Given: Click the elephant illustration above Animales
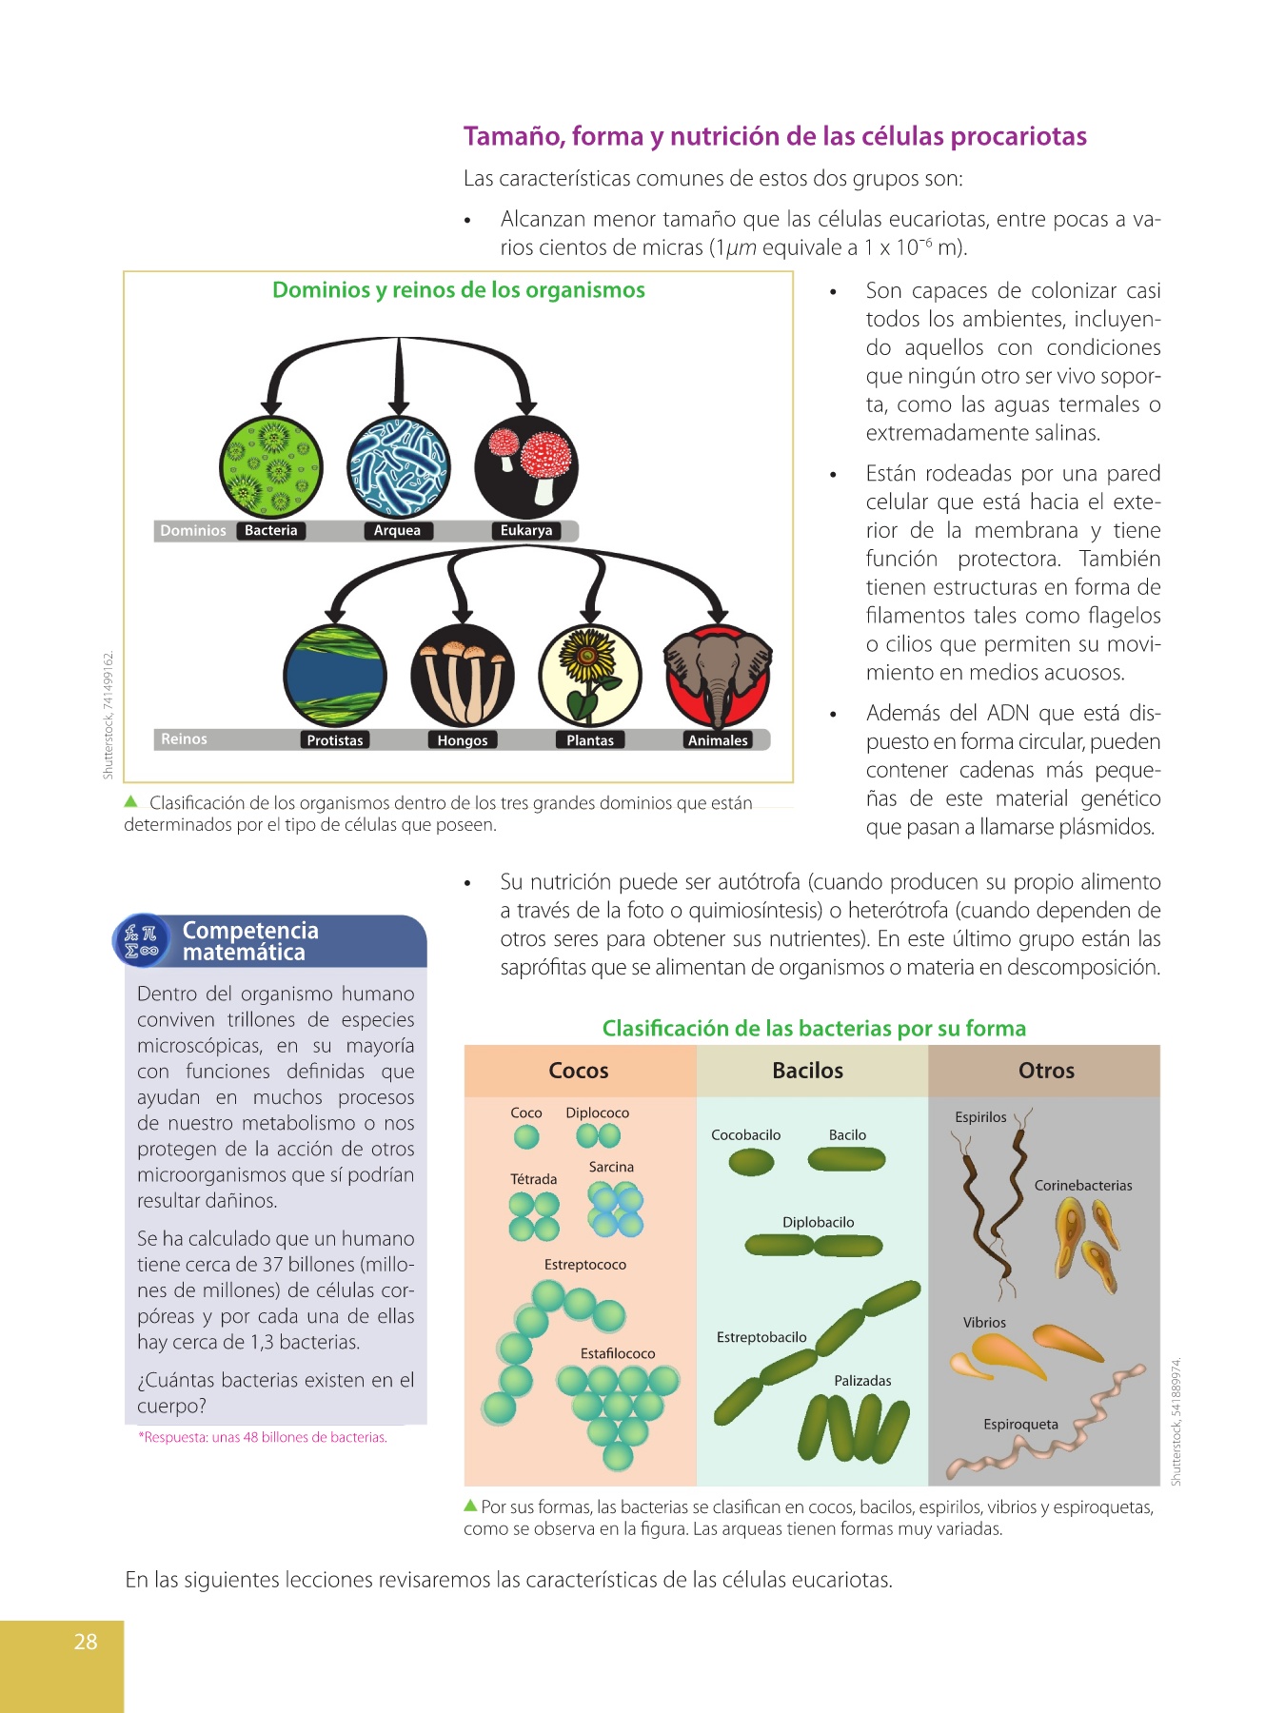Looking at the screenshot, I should coord(718,676).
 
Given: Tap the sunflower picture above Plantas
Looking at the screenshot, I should coord(590,676).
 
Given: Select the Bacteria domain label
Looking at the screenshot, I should coord(271,531).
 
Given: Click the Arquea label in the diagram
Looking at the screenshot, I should coord(397,531).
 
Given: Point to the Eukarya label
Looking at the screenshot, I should coord(526,531).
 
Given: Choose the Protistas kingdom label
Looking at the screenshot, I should coord(335,740).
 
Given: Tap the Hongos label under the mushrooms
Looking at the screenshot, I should coord(463,740).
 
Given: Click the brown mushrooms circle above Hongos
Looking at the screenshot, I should coord(463,676).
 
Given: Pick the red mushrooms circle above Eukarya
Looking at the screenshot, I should coord(526,466).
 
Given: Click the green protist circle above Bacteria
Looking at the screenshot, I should coord(271,466).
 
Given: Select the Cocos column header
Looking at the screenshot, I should coord(579,1071).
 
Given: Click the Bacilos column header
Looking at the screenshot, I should coord(808,1071).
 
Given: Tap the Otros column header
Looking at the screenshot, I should coord(1046,1071).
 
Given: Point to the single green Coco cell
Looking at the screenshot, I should coord(526,1136).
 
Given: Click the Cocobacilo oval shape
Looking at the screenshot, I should coord(751,1162).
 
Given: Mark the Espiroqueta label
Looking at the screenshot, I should coord(1020,1425).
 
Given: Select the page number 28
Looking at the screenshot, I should coord(86,1642).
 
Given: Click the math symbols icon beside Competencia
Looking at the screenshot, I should coord(142,941).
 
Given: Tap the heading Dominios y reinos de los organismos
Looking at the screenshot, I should coord(459,290).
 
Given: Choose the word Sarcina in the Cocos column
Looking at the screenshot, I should coord(611,1168).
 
